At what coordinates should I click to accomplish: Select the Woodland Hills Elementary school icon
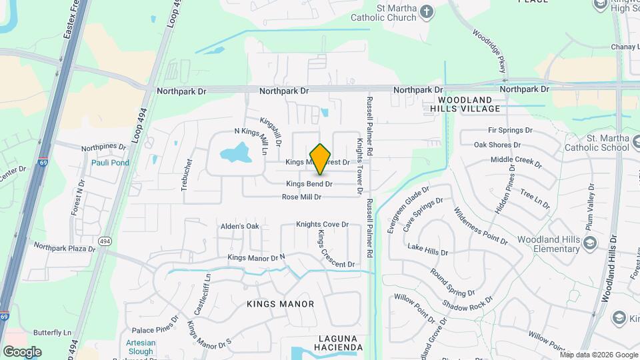click(589, 244)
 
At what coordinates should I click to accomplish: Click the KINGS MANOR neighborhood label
click(280, 304)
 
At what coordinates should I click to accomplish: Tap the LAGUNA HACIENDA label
click(331, 343)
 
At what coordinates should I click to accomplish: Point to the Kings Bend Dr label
click(309, 183)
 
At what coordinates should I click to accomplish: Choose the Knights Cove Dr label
click(323, 225)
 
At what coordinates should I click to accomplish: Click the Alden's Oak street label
click(239, 227)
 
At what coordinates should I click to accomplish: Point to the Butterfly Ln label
click(52, 333)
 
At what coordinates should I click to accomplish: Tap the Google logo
click(22, 351)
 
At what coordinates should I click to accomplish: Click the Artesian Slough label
click(140, 347)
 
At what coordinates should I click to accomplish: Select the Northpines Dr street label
click(103, 147)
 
